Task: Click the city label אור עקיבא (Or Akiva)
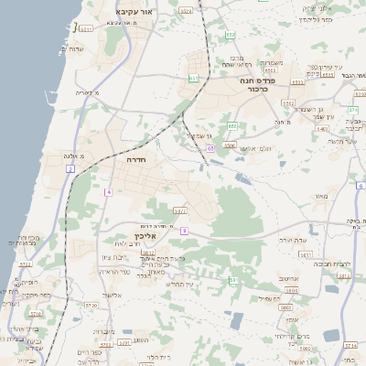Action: click(132, 11)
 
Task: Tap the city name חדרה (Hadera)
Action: click(137, 159)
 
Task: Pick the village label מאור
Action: click(318, 196)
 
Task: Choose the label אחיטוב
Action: click(288, 278)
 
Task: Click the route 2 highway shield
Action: click(70, 169)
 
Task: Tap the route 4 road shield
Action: click(107, 192)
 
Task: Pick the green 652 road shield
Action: click(231, 36)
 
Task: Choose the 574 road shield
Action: click(352, 110)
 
